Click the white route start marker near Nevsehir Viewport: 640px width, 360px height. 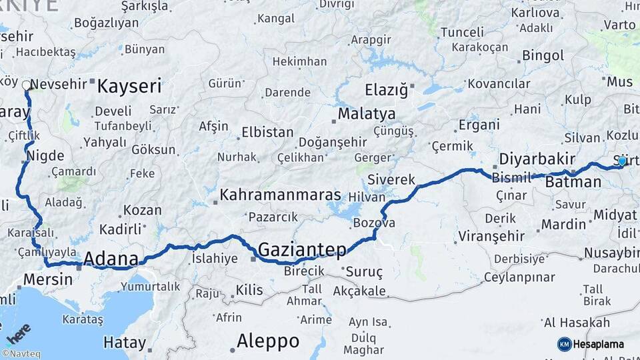tap(26, 85)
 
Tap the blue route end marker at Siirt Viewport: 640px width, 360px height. tap(622, 161)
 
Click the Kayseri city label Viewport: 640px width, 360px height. tap(129, 85)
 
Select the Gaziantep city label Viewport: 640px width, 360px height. tap(302, 249)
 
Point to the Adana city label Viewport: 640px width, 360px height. tap(111, 259)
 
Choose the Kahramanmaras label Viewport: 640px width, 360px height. tap(280, 195)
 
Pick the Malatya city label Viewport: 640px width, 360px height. tap(366, 113)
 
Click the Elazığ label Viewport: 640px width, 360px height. tap(386, 89)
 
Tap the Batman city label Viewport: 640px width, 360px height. tap(573, 181)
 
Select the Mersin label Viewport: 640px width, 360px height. tap(47, 279)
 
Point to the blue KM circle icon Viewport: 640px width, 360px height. tap(564, 344)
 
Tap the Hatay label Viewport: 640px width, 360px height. tap(125, 343)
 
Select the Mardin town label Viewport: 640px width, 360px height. tap(563, 225)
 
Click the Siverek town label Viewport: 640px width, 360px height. tap(391, 180)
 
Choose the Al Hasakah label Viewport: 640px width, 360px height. tap(577, 323)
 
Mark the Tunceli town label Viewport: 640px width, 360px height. tap(462, 32)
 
